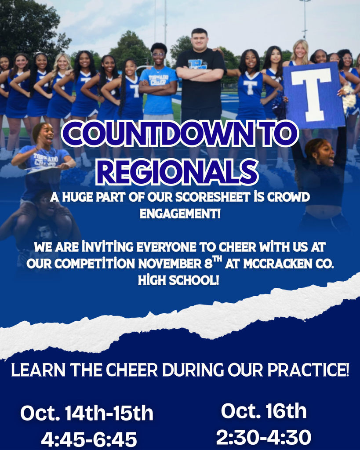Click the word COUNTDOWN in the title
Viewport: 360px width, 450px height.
(158, 134)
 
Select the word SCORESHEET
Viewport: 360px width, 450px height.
(209, 197)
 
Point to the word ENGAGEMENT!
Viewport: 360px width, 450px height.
(180, 214)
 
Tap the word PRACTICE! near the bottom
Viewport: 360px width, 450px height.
(308, 370)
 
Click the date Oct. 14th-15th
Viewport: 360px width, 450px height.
(87, 413)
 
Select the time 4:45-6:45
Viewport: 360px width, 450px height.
(89, 439)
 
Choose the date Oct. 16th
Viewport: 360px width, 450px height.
(264, 411)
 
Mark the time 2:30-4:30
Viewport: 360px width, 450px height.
(264, 437)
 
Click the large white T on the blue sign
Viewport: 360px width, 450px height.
(311, 94)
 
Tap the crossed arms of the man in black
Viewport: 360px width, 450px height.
(200, 73)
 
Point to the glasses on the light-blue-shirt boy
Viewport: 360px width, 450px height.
(159, 54)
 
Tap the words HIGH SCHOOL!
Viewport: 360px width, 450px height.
(178, 280)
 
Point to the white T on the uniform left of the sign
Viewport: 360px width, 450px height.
(250, 87)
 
